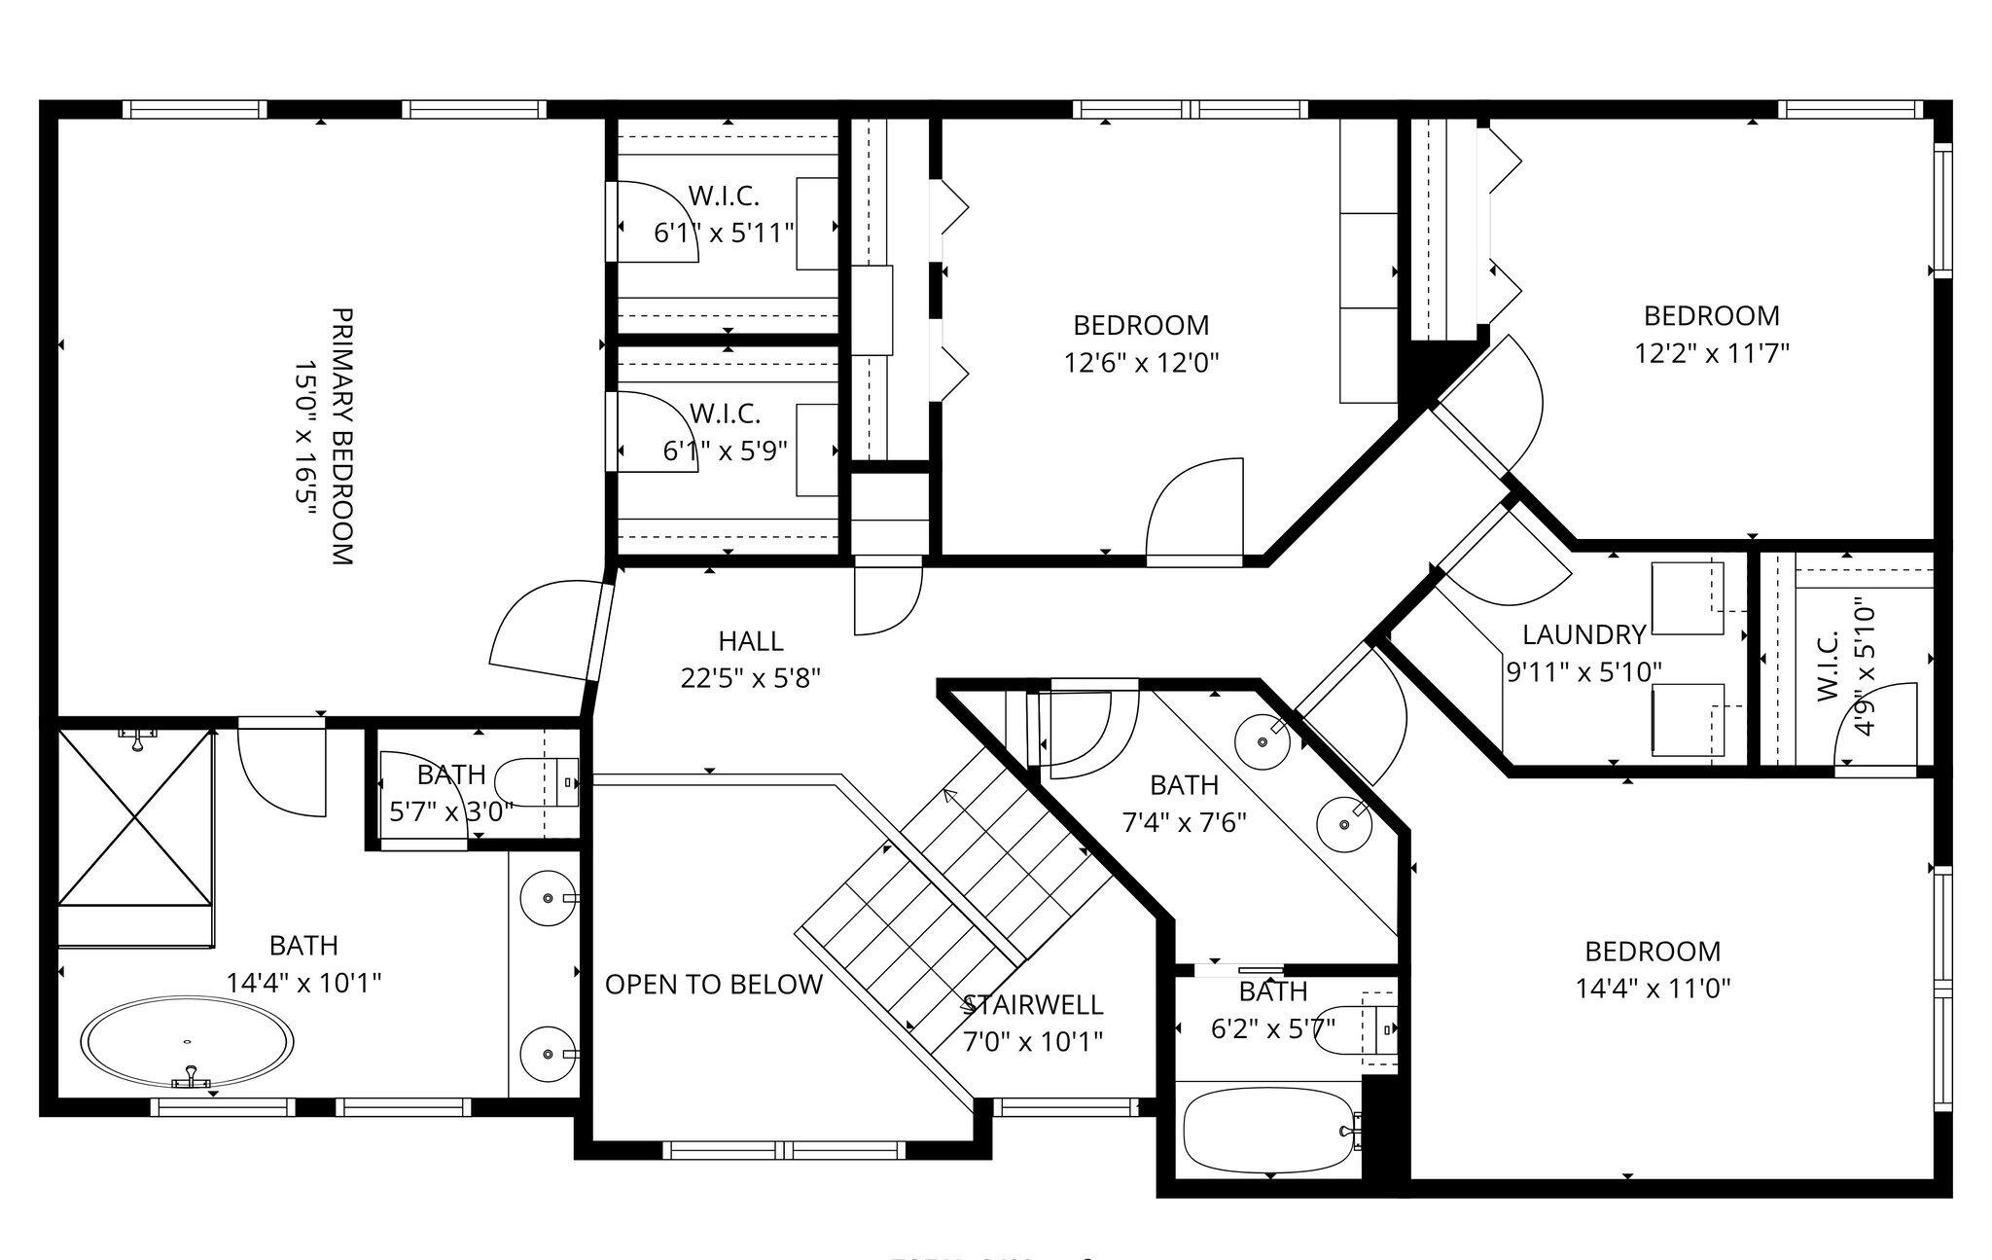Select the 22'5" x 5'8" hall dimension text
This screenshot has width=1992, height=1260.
click(750, 678)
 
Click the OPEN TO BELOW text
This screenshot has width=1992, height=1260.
click(713, 985)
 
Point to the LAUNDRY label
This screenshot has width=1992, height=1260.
click(1583, 635)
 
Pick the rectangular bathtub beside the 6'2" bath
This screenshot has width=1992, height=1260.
click(1269, 1131)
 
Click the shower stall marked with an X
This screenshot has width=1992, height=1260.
click(135, 817)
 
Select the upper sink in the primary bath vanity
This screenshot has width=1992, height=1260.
click(548, 898)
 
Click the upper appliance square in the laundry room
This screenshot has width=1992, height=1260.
click(1687, 598)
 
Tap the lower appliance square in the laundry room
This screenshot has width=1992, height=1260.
click(1687, 720)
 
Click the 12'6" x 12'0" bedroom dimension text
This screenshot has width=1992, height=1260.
click(1141, 363)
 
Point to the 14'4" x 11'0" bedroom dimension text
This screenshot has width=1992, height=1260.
click(1653, 989)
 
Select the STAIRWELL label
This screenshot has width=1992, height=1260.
click(1032, 1004)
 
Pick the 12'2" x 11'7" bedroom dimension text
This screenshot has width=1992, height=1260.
click(1711, 352)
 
